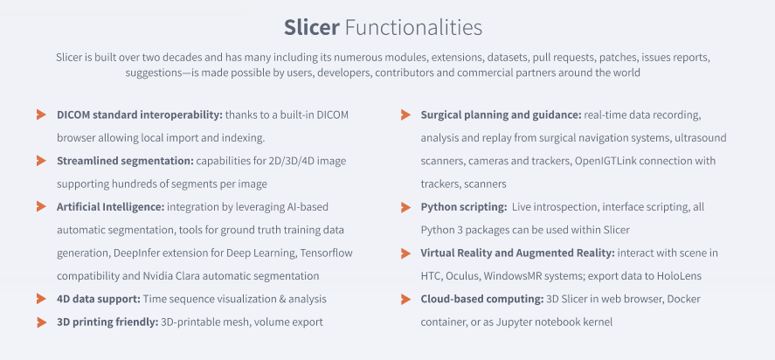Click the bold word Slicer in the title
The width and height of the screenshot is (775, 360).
tap(312, 27)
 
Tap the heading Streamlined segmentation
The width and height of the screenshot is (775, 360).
tap(125, 161)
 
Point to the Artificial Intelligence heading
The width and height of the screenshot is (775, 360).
tap(110, 206)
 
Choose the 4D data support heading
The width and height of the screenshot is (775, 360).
tap(98, 299)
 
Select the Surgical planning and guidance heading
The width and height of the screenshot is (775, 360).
tap(501, 114)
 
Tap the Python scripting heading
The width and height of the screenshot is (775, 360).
tap(463, 207)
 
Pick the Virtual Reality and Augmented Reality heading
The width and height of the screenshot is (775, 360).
tap(517, 253)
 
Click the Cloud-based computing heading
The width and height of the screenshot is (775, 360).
tap(482, 299)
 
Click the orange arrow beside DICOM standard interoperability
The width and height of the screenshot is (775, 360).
tap(40, 114)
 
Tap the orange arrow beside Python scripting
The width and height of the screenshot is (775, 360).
tap(405, 207)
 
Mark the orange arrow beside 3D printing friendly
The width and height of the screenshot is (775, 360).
tap(40, 322)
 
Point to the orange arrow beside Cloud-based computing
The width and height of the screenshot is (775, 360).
tap(405, 299)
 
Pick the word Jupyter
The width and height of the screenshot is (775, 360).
tap(512, 322)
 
